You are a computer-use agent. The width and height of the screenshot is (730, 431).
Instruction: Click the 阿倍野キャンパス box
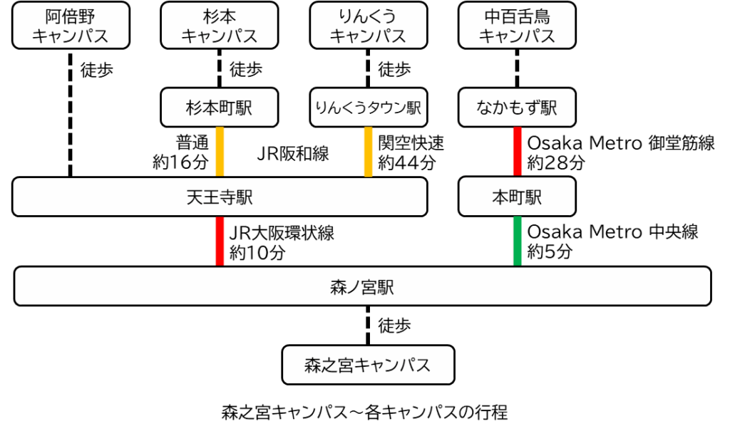click(71, 26)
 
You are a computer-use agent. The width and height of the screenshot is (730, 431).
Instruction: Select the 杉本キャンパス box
click(219, 26)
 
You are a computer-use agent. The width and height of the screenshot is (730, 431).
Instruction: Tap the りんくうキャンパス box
click(368, 26)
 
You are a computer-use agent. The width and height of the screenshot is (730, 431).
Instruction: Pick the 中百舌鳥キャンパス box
click(517, 26)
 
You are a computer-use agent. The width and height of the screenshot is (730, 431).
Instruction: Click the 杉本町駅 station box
click(219, 108)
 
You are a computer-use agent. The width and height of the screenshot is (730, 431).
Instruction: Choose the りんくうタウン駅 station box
click(368, 108)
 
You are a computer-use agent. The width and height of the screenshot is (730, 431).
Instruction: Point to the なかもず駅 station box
click(517, 108)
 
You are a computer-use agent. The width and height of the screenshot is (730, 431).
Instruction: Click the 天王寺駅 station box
click(219, 197)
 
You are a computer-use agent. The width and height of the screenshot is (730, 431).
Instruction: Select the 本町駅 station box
click(517, 197)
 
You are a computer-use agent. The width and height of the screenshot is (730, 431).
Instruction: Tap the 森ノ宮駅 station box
click(362, 286)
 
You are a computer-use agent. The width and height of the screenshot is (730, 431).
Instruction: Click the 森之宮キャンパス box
click(368, 365)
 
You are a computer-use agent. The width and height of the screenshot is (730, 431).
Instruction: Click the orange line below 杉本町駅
click(220, 152)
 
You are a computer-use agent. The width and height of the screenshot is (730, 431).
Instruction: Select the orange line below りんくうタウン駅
click(368, 152)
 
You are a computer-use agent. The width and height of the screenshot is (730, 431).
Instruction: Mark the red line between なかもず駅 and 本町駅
click(517, 152)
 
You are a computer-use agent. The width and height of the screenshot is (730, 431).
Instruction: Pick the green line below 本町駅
click(517, 241)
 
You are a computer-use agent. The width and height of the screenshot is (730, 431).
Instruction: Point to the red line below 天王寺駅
click(220, 241)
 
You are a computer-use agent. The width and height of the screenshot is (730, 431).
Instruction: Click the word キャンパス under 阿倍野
click(71, 36)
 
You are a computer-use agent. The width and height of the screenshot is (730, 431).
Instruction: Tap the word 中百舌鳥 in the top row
click(517, 16)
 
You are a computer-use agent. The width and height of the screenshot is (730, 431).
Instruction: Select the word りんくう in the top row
click(368, 16)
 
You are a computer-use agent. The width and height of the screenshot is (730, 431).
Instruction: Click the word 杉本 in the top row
click(219, 16)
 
